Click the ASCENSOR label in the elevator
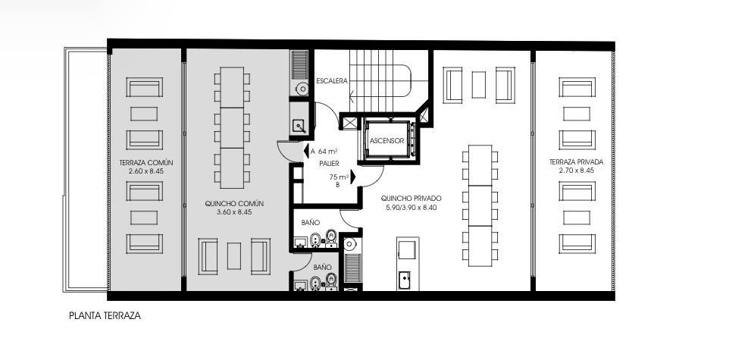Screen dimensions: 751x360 (x=386, y=141)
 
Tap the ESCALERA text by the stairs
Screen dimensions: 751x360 (x=331, y=81)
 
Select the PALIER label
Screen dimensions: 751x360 (x=329, y=164)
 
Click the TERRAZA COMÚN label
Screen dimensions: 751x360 (x=146, y=162)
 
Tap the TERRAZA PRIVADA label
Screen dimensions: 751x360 (x=576, y=161)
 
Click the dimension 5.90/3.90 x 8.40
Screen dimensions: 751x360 (x=411, y=208)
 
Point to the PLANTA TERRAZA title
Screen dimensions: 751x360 (x=105, y=315)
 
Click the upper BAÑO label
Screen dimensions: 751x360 (x=310, y=223)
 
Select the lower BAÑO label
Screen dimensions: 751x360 (x=322, y=267)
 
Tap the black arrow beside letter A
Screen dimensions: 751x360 (x=306, y=152)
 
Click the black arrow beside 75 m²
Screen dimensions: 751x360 (x=353, y=177)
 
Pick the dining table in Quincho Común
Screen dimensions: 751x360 (x=233, y=127)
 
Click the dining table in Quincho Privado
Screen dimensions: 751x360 (x=480, y=205)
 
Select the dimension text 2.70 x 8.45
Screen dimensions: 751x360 (x=576, y=170)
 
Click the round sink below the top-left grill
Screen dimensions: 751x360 (x=302, y=88)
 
